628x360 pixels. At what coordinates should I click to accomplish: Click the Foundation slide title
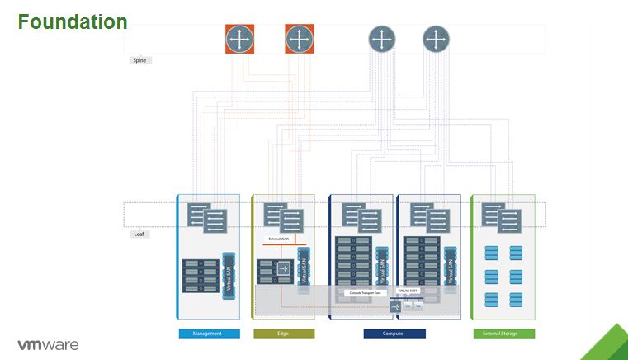73,21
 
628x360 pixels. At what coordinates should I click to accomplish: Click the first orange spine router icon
240,39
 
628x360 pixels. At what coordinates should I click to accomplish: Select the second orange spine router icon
300,39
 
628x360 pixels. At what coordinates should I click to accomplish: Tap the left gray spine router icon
381,39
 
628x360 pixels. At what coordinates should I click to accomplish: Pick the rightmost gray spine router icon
436,39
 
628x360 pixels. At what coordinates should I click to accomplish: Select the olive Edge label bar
283,334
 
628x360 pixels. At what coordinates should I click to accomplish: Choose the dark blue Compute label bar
394,334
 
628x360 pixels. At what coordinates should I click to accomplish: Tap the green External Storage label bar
503,334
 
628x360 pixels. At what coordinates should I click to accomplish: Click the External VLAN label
281,239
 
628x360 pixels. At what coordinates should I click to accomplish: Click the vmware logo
48,343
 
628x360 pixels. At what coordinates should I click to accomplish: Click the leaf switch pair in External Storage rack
502,218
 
